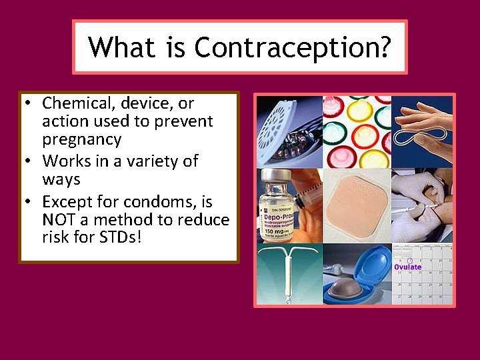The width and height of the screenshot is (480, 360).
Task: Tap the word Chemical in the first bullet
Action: pos(74,103)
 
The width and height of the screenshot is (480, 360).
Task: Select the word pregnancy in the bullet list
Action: pos(81,139)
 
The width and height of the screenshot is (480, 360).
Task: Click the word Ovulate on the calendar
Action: pos(407,267)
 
